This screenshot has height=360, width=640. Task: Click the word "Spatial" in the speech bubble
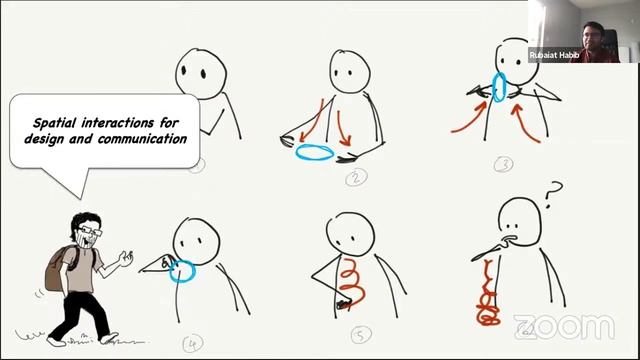[x=55, y=123]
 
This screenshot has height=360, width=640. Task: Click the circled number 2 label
[x=356, y=178]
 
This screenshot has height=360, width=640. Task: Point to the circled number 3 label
[x=503, y=164]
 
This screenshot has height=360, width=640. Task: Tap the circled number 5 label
[x=361, y=335]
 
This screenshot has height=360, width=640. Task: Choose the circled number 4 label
[x=193, y=344]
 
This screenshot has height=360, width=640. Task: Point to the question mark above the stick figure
[x=553, y=194]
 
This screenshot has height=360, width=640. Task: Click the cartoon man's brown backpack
[x=59, y=268]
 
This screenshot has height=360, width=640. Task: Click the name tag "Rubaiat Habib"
[x=554, y=55]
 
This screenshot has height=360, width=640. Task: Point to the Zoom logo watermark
[x=564, y=327]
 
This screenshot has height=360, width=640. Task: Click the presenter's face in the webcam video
[x=592, y=37]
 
